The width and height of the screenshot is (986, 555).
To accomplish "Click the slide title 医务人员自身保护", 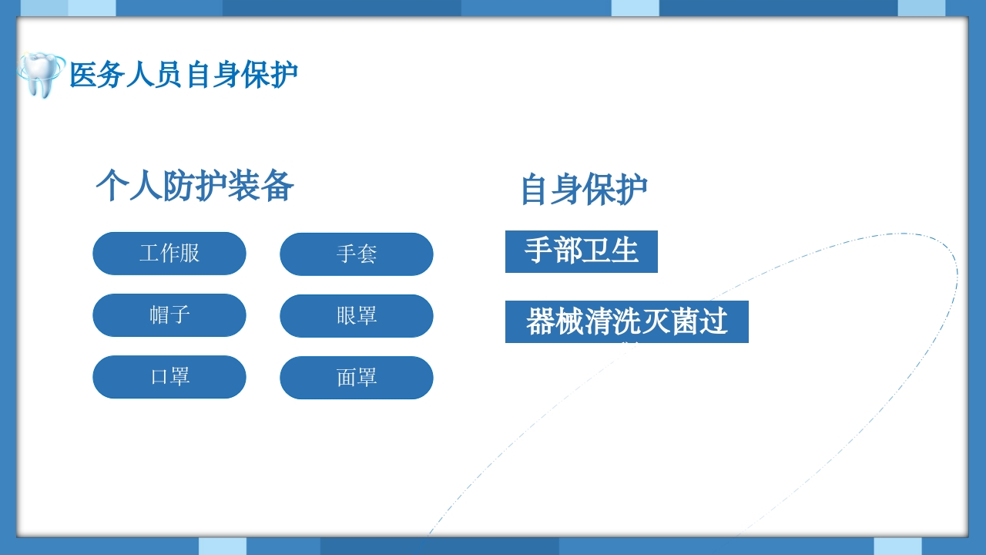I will [x=183, y=75].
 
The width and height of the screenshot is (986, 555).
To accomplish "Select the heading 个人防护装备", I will [x=195, y=186].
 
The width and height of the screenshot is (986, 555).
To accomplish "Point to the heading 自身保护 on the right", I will [x=584, y=189].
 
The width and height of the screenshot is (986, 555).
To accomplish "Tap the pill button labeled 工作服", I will [x=169, y=253].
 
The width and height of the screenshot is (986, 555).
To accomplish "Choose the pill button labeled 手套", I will [x=357, y=254].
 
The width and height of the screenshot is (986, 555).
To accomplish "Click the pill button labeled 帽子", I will [x=169, y=314].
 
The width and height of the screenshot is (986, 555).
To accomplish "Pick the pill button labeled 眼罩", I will [x=357, y=315].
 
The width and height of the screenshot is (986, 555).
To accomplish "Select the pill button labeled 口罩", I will [x=169, y=376].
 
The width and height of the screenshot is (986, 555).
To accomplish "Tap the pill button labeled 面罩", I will [x=357, y=377].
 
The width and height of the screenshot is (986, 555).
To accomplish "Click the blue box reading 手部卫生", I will [x=582, y=251].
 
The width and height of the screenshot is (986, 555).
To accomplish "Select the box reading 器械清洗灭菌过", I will [x=627, y=321].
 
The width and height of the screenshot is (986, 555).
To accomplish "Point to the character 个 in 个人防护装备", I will [x=112, y=186].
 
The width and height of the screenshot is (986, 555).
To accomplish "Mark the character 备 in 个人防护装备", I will [x=278, y=186].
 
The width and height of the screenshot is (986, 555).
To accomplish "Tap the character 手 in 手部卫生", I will [x=538, y=251].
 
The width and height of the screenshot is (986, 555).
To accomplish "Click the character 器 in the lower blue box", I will [x=541, y=321].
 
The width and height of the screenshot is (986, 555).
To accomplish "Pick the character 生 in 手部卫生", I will [x=625, y=251].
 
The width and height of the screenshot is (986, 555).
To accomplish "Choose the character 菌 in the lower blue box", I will [x=685, y=321].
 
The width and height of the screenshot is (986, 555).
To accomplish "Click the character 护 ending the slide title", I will [x=284, y=75].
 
